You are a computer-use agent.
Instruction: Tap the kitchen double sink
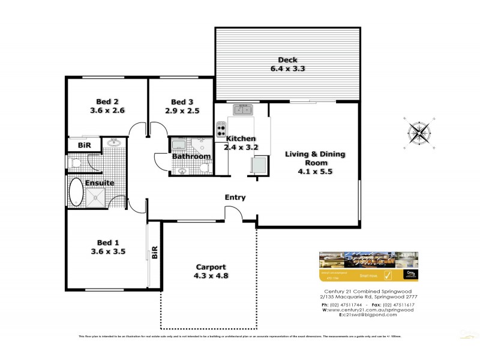[x=242, y=110]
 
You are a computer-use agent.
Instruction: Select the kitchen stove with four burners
[x=220, y=128]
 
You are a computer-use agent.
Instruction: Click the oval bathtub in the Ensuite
[x=77, y=193]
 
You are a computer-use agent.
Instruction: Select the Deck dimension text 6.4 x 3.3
[x=289, y=68]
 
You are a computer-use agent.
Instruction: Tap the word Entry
[x=235, y=197]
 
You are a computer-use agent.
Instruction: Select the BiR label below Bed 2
[x=83, y=145]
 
